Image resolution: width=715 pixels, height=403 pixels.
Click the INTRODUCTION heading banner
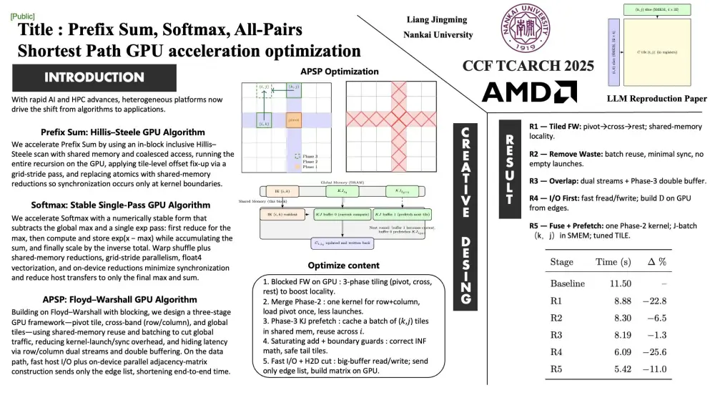pyautogui.click(x=94, y=77)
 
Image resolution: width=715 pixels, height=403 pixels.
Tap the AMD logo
pyautogui.click(x=529, y=92)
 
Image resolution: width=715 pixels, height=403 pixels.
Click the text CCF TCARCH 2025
pyautogui.click(x=528, y=66)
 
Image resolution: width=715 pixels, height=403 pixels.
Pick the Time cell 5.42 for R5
pyautogui.click(x=621, y=369)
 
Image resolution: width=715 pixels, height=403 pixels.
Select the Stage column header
pyautogui.click(x=561, y=262)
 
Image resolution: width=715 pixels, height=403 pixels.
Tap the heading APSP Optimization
pyautogui.click(x=340, y=72)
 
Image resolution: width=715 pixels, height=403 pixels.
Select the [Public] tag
pyautogui.click(x=22, y=15)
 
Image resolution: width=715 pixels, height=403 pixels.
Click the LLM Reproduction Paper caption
pyautogui.click(x=656, y=99)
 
